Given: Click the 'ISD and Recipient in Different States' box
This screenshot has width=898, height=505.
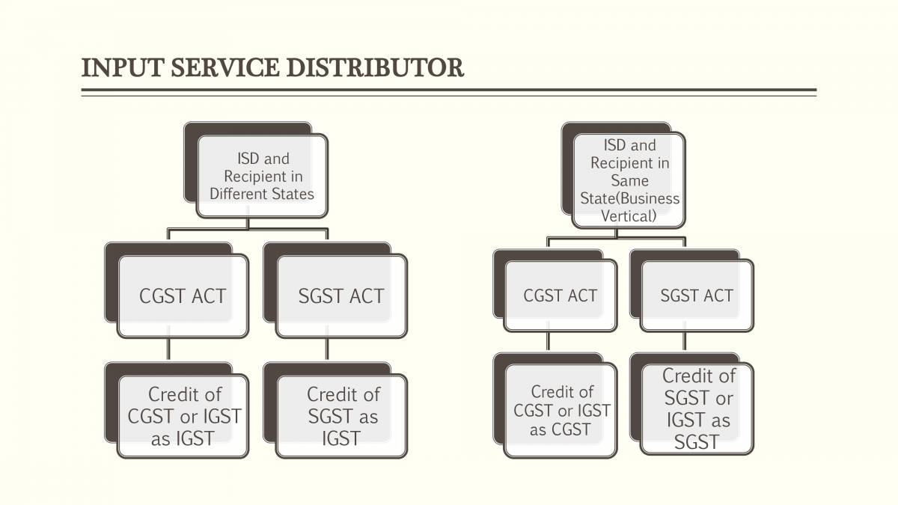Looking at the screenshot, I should pos(262,176).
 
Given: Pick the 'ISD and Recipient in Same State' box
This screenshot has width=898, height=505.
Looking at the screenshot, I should pos(629,180).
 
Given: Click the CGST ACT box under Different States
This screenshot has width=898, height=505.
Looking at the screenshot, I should pos(183,296).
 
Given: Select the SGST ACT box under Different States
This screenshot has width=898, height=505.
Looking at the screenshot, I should pos(341,296).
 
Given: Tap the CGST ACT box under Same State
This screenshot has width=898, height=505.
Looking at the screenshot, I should pos(560,296).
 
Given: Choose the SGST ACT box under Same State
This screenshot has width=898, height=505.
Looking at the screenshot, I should pos(697,296).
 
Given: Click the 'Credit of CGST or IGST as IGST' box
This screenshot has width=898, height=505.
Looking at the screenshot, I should pos(184,416).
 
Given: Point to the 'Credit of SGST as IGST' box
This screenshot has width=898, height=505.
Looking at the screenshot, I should pos(342,416).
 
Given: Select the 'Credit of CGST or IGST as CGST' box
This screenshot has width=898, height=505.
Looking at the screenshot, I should pos(561,411).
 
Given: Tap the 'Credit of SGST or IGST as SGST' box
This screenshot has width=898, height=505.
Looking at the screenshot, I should pos(697,408).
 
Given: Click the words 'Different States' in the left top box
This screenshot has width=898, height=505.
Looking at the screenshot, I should pos(262,194).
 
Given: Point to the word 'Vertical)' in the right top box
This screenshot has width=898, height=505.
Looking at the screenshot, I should pos(629,216).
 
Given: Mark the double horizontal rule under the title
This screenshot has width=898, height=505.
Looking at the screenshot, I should pos(449,93).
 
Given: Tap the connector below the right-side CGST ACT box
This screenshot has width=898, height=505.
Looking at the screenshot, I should pos(548,342).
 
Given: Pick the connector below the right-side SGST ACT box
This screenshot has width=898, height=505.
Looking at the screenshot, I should pos(685,342).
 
